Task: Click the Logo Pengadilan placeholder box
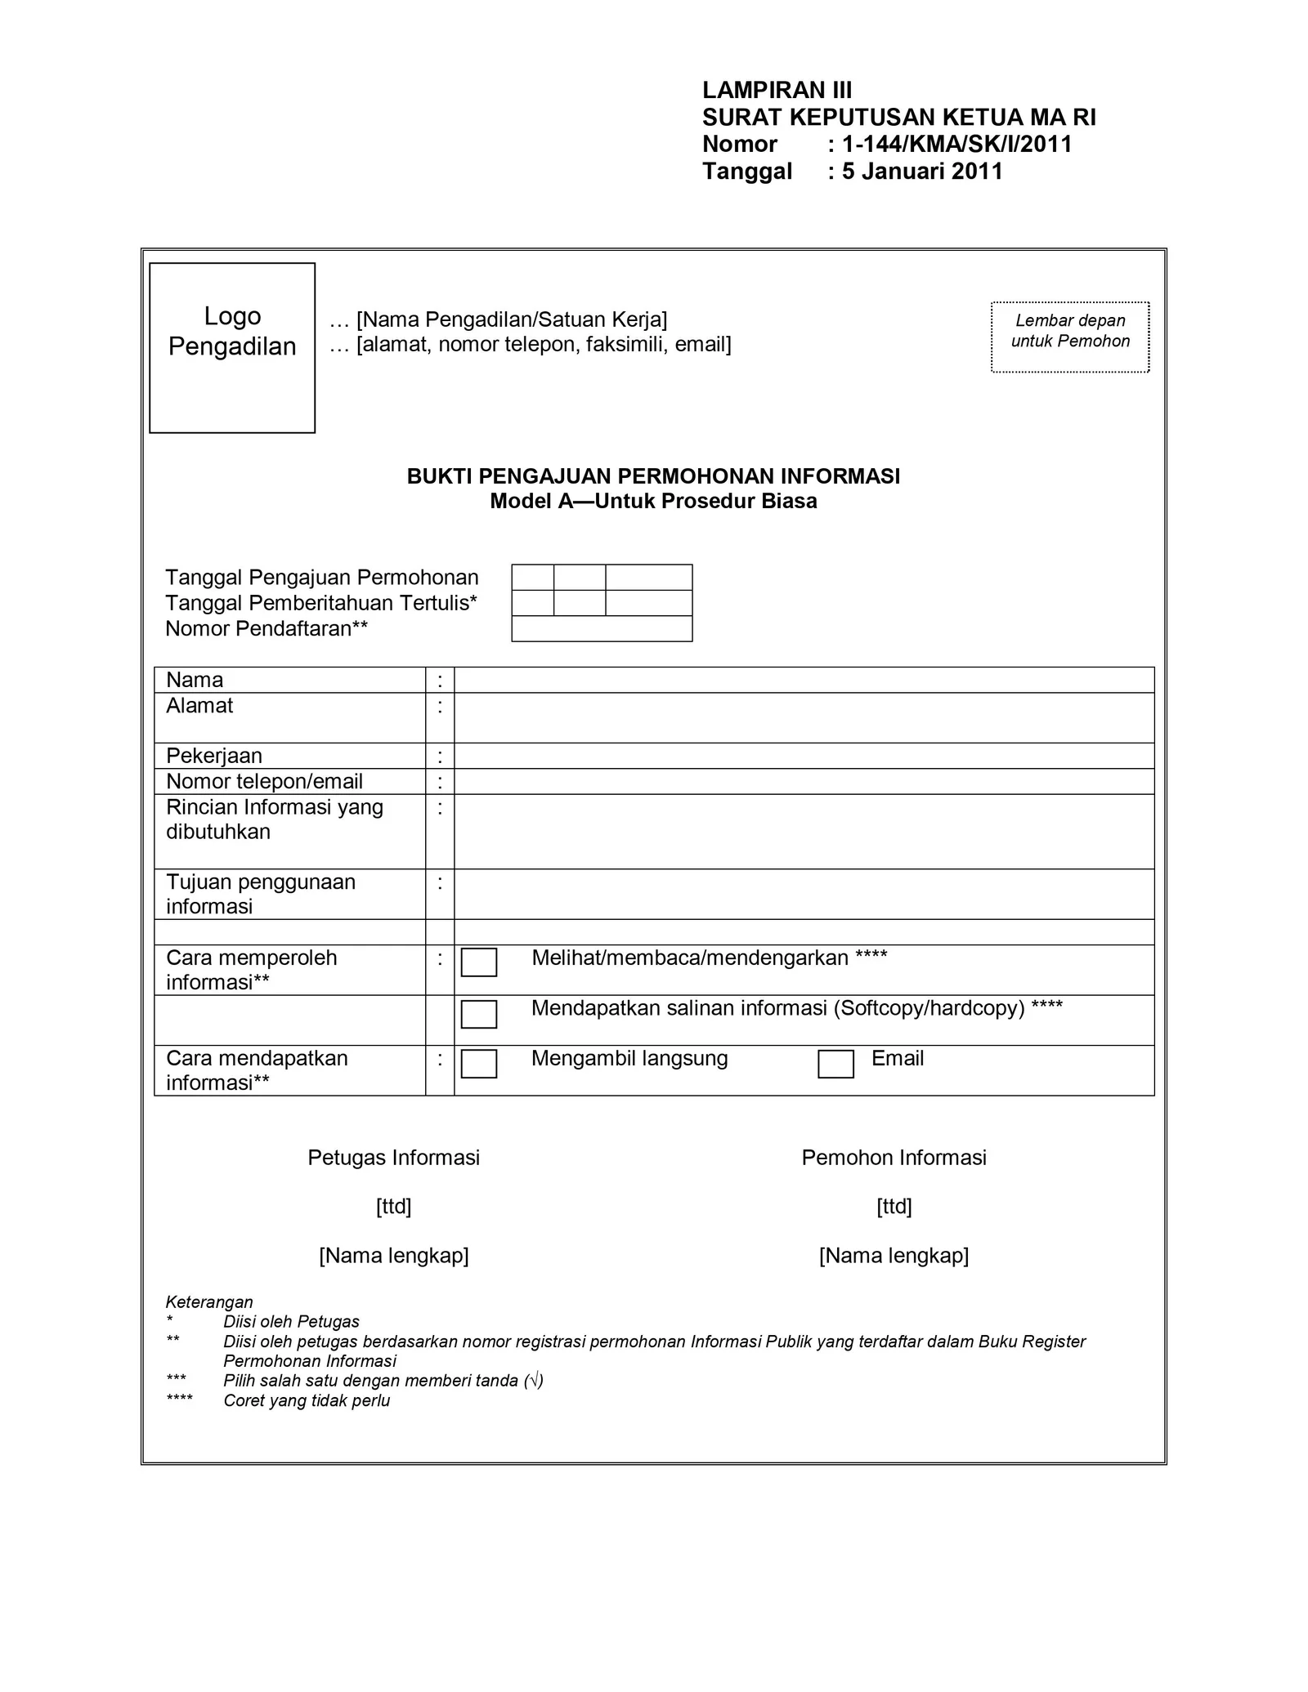[x=232, y=347]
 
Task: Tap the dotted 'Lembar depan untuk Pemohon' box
[x=1070, y=337]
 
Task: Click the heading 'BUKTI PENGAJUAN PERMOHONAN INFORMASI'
[x=653, y=476]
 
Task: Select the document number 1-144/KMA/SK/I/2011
[x=956, y=145]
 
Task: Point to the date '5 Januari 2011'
[x=922, y=172]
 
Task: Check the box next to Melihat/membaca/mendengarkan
[x=479, y=962]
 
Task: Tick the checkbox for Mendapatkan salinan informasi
[x=479, y=1014]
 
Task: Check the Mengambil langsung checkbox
[x=479, y=1064]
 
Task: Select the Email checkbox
[x=835, y=1064]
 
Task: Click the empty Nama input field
[x=804, y=680]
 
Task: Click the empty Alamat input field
[x=804, y=717]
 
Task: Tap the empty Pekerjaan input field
[x=804, y=756]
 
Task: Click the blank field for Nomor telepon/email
[x=804, y=781]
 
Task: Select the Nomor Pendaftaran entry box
[x=602, y=628]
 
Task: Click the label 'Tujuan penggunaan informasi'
[x=261, y=894]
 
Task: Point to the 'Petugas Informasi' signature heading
[x=393, y=1158]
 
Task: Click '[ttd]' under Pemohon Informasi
[x=894, y=1207]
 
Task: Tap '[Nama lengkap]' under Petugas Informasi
[x=393, y=1256]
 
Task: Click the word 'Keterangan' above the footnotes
[x=209, y=1302]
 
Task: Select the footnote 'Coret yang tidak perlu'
[x=307, y=1401]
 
